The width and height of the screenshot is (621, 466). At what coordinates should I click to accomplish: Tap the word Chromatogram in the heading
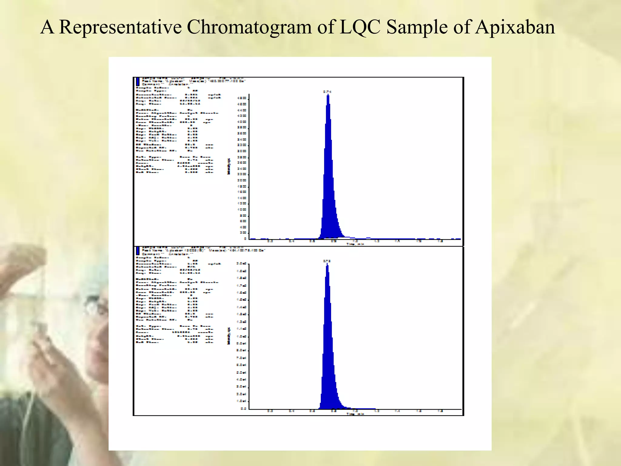click(x=249, y=27)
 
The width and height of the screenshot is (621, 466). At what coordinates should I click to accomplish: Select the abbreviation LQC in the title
click(x=360, y=27)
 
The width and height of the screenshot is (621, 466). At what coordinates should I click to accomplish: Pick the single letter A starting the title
click(x=47, y=27)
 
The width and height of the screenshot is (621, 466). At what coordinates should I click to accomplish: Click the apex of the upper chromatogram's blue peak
click(x=328, y=95)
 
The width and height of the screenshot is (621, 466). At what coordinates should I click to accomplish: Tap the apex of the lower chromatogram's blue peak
click(x=327, y=264)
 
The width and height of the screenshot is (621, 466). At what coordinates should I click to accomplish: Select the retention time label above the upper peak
click(x=327, y=91)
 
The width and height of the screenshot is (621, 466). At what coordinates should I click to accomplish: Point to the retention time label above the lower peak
click(x=327, y=261)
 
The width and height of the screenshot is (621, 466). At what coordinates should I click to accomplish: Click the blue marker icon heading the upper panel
click(x=138, y=82)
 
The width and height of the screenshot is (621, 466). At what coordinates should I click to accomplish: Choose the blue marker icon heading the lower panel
click(x=138, y=251)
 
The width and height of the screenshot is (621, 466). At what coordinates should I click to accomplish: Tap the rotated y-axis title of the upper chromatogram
click(x=229, y=166)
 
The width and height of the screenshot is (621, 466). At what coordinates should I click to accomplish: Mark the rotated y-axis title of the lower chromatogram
click(x=229, y=336)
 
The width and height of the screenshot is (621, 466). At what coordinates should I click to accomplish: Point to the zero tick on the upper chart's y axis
click(x=245, y=239)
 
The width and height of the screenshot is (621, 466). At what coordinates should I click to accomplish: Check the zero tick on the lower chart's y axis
click(x=243, y=409)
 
